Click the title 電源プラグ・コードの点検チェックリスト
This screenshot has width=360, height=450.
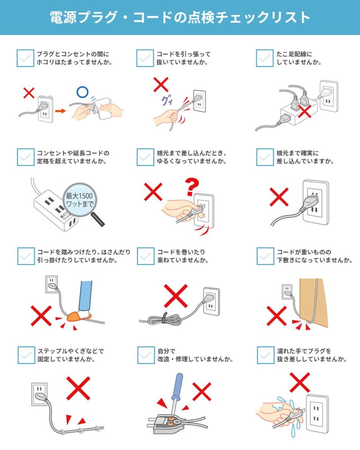pos(180,17)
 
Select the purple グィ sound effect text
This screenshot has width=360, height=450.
pos(167,101)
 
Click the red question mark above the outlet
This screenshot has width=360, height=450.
pos(192,186)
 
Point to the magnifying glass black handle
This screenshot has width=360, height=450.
pos(98,219)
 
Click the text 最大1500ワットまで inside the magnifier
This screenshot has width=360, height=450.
pos(80,200)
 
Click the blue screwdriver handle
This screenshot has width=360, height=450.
pos(178,386)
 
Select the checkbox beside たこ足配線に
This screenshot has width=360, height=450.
pos(265,58)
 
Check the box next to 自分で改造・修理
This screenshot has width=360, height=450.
pos(146,355)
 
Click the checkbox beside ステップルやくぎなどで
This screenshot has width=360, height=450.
pos(26,355)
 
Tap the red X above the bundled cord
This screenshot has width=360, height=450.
pos(176,296)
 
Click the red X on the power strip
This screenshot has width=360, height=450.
pos(305,111)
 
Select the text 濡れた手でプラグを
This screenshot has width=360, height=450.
pos(304,351)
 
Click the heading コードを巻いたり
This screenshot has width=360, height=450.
pos(181,252)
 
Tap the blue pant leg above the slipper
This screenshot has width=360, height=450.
pos(86,296)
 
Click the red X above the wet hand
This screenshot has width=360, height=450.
pos(300,382)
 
